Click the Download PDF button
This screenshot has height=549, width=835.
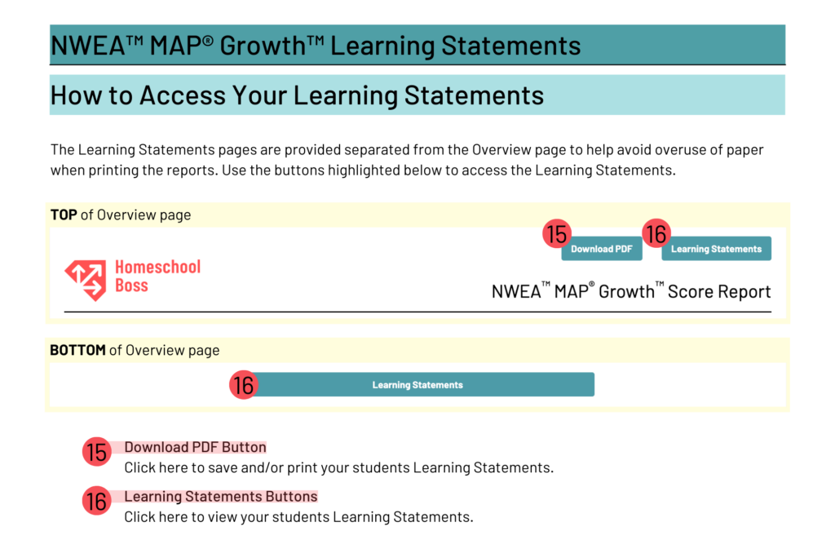coord(602,249)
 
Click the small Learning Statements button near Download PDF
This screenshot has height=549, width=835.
coord(716,249)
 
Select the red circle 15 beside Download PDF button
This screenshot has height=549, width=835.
coord(556,235)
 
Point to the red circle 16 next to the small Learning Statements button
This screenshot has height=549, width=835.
coord(656,235)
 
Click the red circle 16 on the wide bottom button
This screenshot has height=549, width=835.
coord(243,385)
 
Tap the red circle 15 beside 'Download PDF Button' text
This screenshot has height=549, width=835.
coord(96,452)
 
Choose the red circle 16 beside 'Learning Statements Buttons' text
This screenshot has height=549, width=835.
coord(96,501)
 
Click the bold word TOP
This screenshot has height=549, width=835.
coord(64,215)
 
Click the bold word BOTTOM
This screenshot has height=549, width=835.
coord(77,350)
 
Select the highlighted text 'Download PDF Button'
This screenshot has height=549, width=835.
coord(195,447)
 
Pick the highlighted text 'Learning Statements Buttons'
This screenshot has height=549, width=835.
coord(220,496)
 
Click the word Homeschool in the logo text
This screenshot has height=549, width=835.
coord(157,267)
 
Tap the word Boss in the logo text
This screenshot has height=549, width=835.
coord(131,286)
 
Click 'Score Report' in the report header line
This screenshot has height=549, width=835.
coord(719,291)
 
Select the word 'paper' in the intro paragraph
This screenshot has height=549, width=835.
coord(744,150)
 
